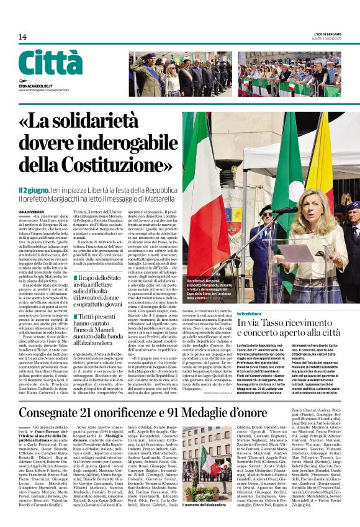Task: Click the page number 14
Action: [22, 37]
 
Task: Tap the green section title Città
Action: [50, 63]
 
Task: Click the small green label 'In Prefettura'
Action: [250, 315]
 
